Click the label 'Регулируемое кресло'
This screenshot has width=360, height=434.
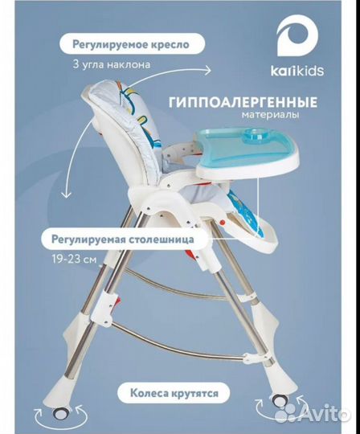click(x=130, y=45)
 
